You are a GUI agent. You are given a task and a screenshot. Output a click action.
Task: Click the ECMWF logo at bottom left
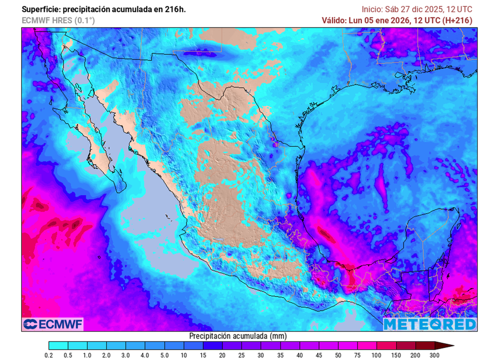click(53, 324)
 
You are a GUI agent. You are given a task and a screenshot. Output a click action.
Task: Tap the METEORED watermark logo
click(430, 324)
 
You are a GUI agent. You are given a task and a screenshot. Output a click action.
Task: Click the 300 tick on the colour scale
click(434, 355)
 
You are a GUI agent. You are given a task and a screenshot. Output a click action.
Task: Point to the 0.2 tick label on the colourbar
click(49, 355)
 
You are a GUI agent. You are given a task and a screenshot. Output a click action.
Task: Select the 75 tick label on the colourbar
click(358, 355)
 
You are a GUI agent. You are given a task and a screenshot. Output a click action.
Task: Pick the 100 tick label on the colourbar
click(377, 355)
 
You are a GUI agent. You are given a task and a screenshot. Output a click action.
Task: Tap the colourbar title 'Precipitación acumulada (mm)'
click(238, 335)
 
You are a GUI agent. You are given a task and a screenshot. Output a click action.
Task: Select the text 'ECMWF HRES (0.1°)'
click(58, 20)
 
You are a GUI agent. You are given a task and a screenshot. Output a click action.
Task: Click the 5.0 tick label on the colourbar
click(165, 355)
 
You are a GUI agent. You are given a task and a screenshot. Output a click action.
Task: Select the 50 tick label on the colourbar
click(339, 355)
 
